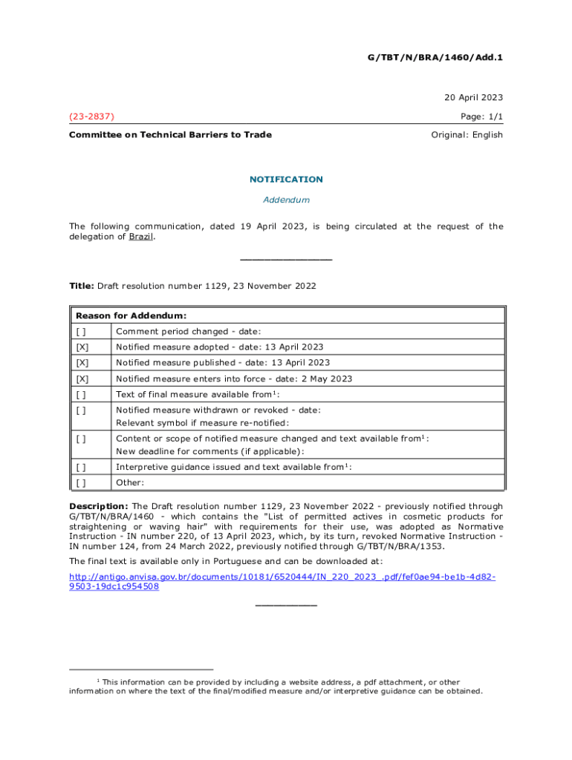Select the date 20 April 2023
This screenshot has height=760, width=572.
(474, 97)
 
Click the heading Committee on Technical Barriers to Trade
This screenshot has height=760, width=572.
(170, 134)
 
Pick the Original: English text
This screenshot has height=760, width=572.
(467, 134)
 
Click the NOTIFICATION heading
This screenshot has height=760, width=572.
(286, 179)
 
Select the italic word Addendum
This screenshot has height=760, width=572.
(286, 200)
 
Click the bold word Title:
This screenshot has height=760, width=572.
(82, 286)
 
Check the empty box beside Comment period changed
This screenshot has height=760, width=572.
(80, 331)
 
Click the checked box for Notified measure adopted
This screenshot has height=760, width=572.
(81, 347)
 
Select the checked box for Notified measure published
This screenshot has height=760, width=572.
(81, 363)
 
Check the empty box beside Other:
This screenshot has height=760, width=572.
(80, 482)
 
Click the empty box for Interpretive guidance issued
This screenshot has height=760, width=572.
(80, 467)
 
